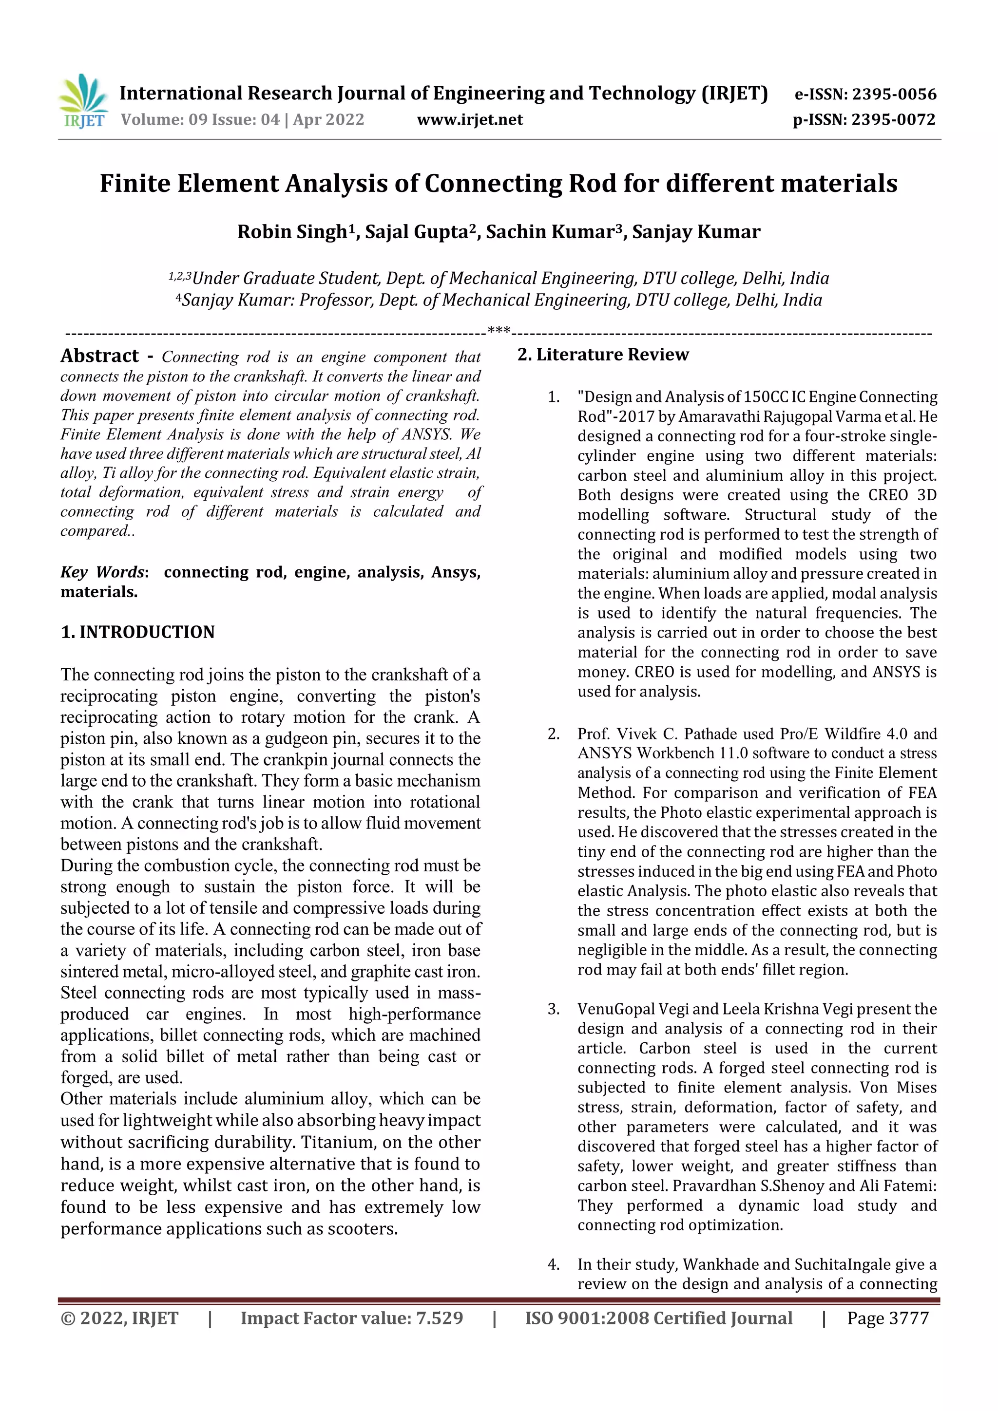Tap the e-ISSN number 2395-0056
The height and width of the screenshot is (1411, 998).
894,94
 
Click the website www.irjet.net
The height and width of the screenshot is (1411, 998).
470,119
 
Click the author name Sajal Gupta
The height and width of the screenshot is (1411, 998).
416,232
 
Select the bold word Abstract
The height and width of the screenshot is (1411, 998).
99,356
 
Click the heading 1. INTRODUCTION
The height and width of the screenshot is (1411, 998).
138,632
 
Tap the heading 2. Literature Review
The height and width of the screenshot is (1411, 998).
603,355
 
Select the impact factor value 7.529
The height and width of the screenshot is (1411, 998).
439,1318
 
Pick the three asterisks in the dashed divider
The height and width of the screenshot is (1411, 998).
499,331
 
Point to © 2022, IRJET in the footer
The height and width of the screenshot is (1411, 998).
119,1318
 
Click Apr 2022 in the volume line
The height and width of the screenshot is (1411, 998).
328,119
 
